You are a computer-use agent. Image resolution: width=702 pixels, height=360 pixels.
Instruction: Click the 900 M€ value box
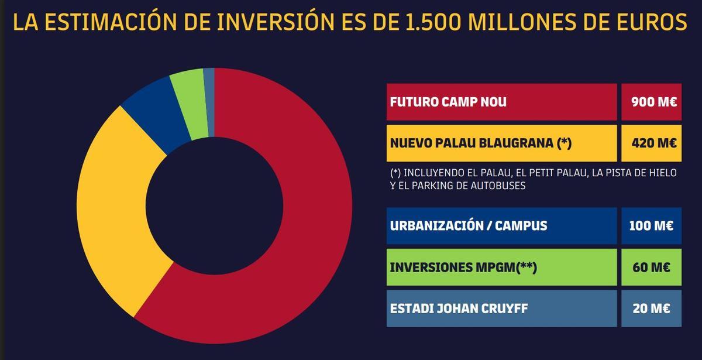click(652, 102)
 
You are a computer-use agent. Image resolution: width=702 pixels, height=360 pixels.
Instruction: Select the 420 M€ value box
click(652, 143)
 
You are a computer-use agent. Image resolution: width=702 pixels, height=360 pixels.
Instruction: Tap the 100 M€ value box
click(652, 225)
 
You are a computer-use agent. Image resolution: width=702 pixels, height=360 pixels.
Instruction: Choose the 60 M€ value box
click(652, 267)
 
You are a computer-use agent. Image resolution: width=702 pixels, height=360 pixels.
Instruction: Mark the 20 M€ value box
click(652, 308)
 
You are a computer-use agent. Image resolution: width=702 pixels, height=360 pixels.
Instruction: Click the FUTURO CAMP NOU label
click(448, 102)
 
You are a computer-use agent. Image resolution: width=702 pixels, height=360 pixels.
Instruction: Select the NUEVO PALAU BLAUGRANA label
click(480, 143)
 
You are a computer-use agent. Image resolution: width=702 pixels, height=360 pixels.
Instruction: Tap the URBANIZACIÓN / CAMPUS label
click(468, 225)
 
